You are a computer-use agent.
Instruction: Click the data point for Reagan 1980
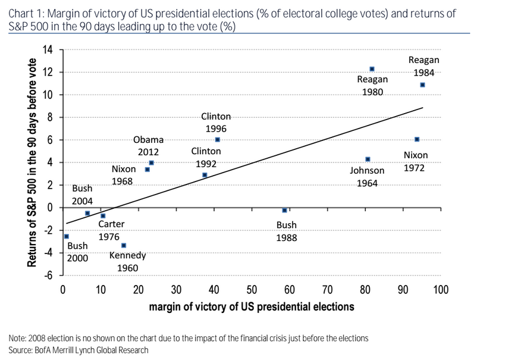point(372,69)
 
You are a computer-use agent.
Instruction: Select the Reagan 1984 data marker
point(422,85)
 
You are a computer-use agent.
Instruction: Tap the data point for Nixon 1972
point(417,139)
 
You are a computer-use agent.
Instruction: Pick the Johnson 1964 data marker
point(368,159)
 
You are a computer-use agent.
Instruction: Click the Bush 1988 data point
point(285,210)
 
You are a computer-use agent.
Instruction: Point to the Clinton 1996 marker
point(217,139)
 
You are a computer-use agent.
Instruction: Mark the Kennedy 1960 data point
point(124,245)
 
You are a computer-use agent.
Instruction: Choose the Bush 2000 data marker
point(66,236)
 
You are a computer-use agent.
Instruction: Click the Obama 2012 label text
point(148,146)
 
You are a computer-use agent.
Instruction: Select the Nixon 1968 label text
point(124,175)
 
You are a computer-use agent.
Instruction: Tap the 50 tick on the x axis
point(252,290)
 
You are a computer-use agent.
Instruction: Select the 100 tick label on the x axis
point(440,290)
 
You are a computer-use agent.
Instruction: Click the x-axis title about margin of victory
point(252,307)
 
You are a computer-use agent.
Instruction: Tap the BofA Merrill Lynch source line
point(79,350)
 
